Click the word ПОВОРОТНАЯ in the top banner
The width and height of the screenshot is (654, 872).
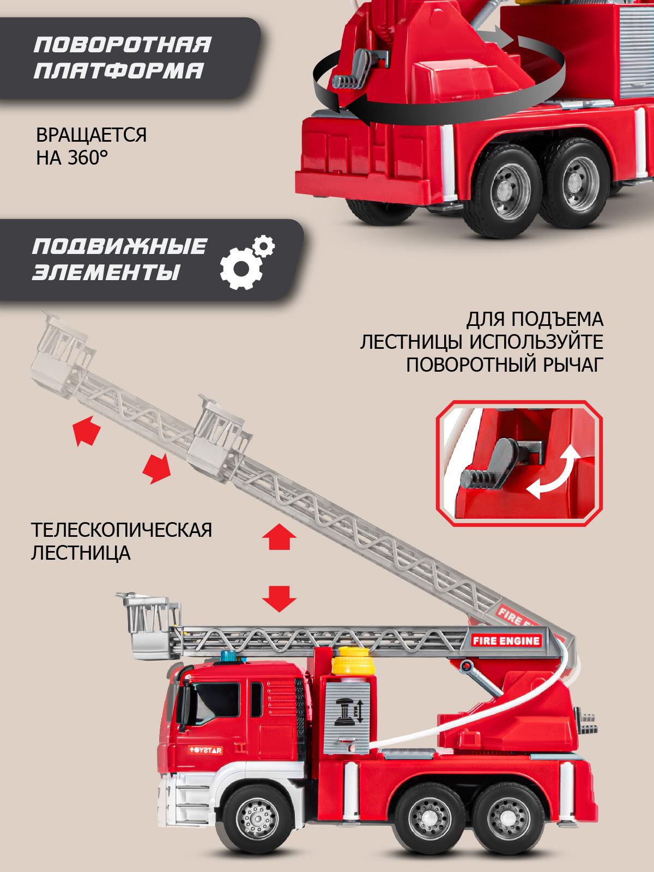[122, 45]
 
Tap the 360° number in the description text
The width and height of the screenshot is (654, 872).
[87, 158]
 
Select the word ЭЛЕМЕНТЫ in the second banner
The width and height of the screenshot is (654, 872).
[106, 272]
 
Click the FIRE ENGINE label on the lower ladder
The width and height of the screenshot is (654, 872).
[506, 641]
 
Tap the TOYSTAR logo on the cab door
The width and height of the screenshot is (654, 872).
[205, 750]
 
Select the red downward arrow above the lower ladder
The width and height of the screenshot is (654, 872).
[279, 598]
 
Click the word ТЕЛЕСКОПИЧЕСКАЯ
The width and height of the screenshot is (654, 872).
[121, 530]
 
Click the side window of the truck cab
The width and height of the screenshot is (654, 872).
[216, 702]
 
